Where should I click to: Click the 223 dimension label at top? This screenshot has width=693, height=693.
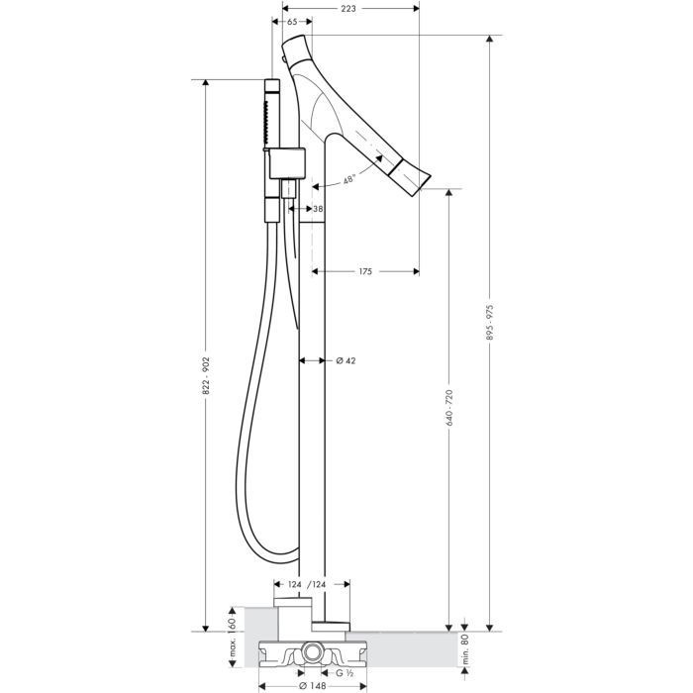pyautogui.click(x=348, y=8)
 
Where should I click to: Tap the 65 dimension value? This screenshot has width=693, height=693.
pyautogui.click(x=292, y=22)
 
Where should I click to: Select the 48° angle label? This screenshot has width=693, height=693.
pyautogui.click(x=349, y=180)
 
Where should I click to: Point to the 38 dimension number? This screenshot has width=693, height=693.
pyautogui.click(x=318, y=209)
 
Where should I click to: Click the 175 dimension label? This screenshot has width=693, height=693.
pyautogui.click(x=365, y=271)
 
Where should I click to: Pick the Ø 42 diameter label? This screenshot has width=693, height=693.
pyautogui.click(x=346, y=360)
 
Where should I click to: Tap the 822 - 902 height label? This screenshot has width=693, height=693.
pyautogui.click(x=206, y=376)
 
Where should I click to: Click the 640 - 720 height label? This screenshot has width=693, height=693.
pyautogui.click(x=449, y=408)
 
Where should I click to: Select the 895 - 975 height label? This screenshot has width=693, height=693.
pyautogui.click(x=490, y=322)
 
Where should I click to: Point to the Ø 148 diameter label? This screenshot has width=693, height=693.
pyautogui.click(x=313, y=686)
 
